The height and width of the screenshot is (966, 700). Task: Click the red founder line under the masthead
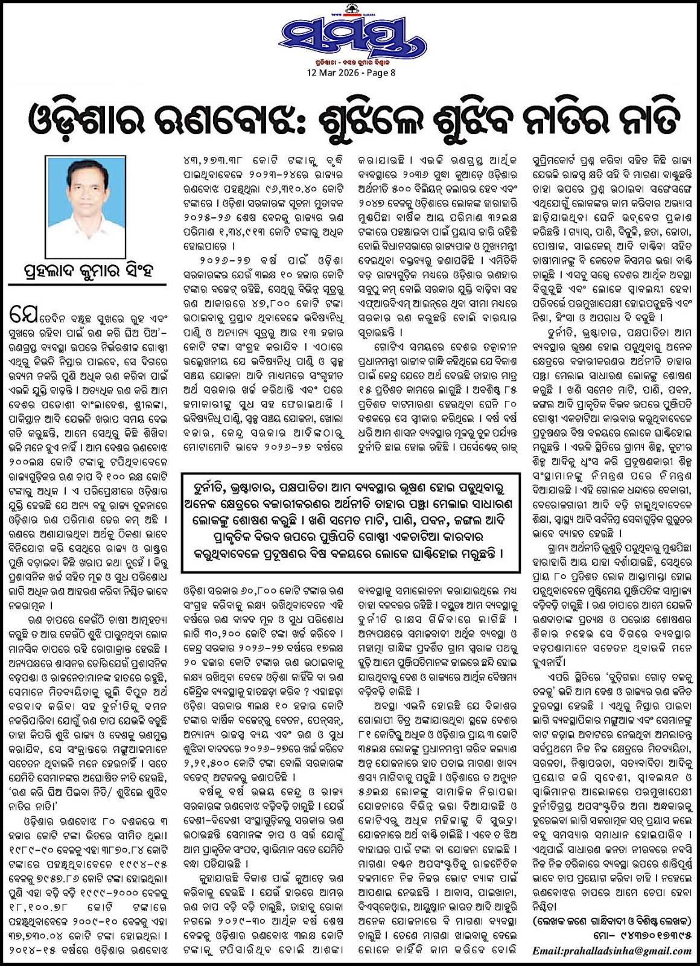coord(350,63)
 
